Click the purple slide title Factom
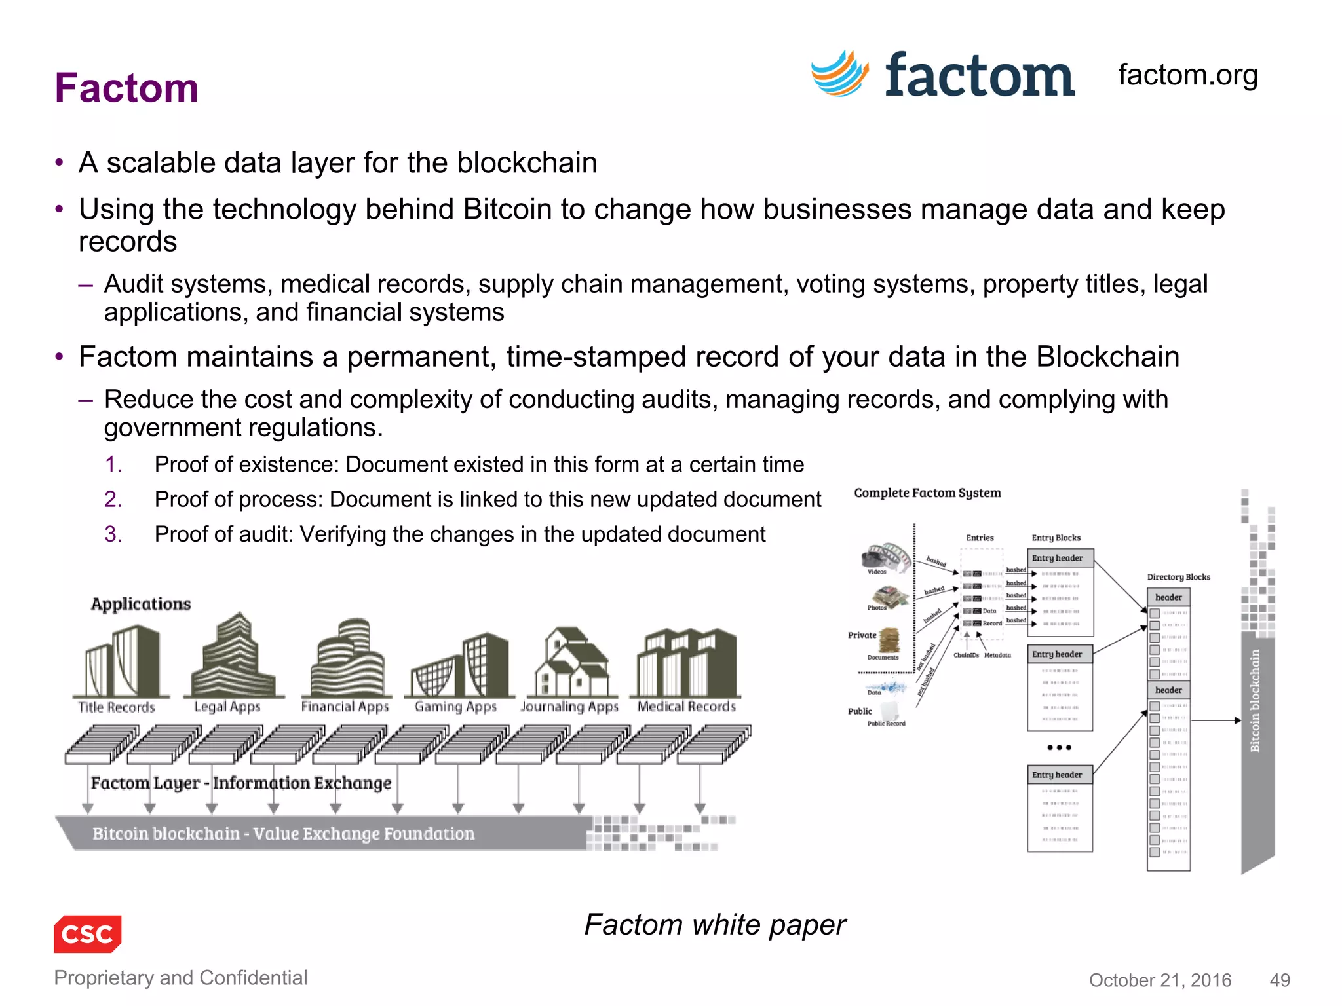[x=126, y=88]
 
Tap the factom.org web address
[x=1187, y=75]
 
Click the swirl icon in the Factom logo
[x=840, y=74]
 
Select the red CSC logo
[x=87, y=933]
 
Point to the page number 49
[x=1280, y=980]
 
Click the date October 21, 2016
[x=1160, y=980]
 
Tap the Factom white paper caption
[x=715, y=925]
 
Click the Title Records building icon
[x=122, y=661]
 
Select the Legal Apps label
[x=227, y=707]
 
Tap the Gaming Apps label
[x=455, y=707]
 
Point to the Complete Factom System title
[x=927, y=493]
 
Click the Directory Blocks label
[x=1178, y=577]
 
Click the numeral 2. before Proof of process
[x=113, y=500]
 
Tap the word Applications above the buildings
[x=141, y=604]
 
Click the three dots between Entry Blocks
[x=1059, y=747]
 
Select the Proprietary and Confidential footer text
[x=180, y=978]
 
